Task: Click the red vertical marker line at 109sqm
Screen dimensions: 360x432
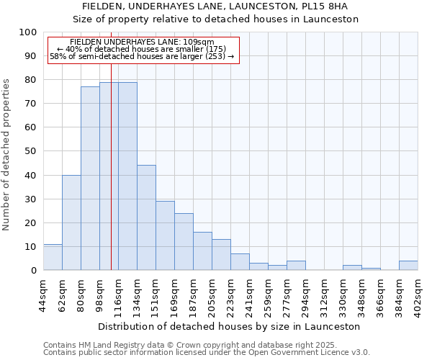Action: coord(111,180)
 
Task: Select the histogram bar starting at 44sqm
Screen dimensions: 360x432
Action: coord(53,257)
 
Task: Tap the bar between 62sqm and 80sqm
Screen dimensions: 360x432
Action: coord(71,222)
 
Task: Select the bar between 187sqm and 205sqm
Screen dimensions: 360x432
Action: coord(202,251)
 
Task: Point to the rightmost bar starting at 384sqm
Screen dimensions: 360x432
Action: coord(408,266)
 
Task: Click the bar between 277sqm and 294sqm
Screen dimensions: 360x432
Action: coord(296,266)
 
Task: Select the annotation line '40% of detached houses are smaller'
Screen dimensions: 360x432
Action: coord(141,49)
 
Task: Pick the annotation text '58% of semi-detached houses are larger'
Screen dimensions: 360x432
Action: coord(142,56)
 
